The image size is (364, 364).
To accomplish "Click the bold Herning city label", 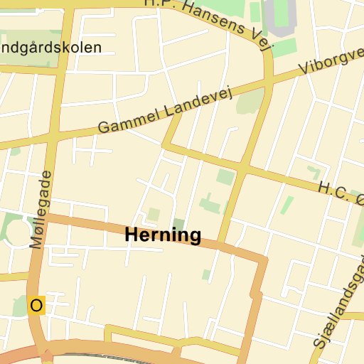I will click(x=163, y=235).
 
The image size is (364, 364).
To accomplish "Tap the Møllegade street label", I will click(x=41, y=210).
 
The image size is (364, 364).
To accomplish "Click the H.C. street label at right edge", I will click(x=334, y=191).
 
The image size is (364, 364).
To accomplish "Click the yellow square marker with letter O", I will click(x=36, y=306).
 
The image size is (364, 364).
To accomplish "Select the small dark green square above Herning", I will click(x=178, y=225).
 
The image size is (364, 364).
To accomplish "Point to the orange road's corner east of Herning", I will click(x=262, y=260).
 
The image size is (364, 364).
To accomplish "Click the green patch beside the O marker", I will click(x=20, y=306).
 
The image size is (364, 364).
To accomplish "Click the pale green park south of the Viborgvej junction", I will click(x=250, y=101).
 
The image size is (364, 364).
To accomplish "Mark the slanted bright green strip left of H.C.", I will click(x=287, y=205).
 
